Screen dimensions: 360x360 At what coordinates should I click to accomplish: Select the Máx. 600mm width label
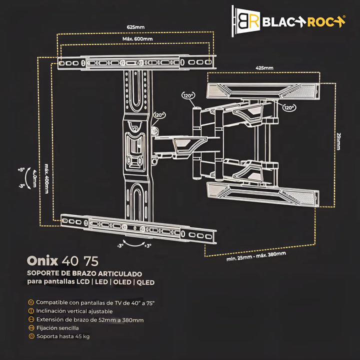(x=137, y=38)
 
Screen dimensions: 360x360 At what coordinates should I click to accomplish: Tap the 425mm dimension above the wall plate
(x=264, y=67)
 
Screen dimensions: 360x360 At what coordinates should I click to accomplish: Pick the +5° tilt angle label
(x=20, y=170)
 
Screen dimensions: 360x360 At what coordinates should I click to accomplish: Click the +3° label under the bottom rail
(x=147, y=245)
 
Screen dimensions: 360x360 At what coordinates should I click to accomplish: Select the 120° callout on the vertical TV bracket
(x=159, y=115)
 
